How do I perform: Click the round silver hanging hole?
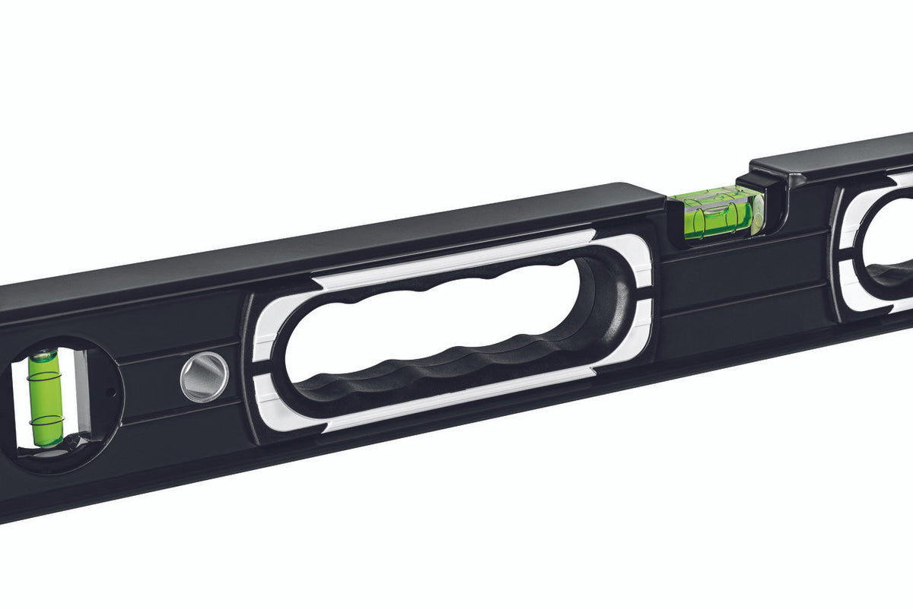[x=205, y=376]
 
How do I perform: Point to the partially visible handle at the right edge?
[x=883, y=243]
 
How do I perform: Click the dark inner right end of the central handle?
[x=609, y=304]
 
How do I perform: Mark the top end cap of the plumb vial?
[x=43, y=355]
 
